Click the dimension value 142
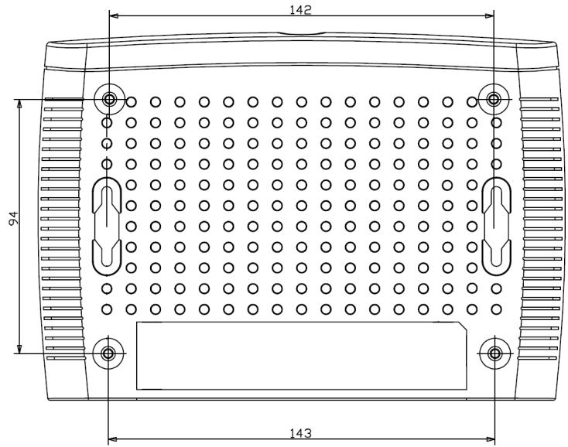pyautogui.click(x=301, y=9)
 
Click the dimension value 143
pyautogui.click(x=301, y=433)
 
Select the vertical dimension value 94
pyautogui.click(x=13, y=218)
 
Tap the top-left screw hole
pyautogui.click(x=109, y=99)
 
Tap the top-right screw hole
pyautogui.click(x=494, y=99)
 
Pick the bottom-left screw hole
pyautogui.click(x=108, y=353)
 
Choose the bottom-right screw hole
pyautogui.click(x=494, y=353)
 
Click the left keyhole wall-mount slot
pyautogui.click(x=107, y=227)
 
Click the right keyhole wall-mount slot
pyautogui.click(x=496, y=227)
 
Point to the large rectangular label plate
pyautogui.click(x=301, y=356)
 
